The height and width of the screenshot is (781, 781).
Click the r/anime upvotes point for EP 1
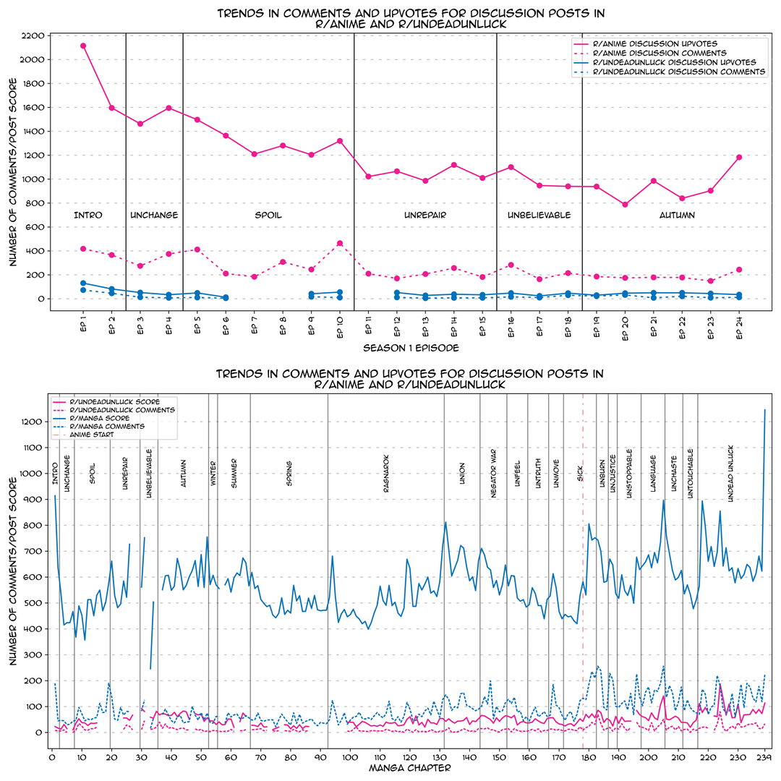click(x=83, y=46)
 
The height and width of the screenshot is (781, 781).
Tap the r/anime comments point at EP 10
click(x=340, y=244)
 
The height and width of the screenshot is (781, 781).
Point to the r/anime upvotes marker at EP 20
click(x=625, y=205)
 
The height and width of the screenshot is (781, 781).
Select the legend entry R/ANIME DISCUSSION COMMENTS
click(x=659, y=53)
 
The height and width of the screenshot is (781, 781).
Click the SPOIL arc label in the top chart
click(x=268, y=215)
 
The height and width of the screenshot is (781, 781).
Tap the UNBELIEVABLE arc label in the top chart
click(x=539, y=215)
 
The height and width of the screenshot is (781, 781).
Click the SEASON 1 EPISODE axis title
click(x=410, y=348)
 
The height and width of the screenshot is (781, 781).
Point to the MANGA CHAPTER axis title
click(x=410, y=768)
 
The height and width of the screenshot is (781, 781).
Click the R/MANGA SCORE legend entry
click(x=99, y=418)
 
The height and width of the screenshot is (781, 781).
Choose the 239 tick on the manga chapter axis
click(x=765, y=756)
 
